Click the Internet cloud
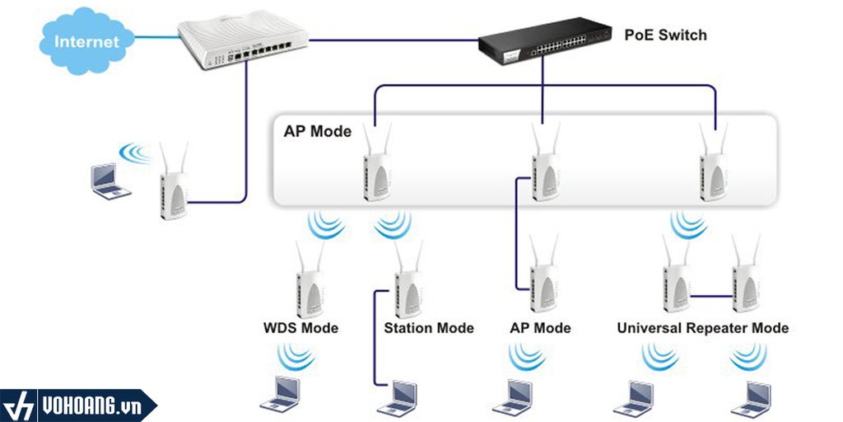click(86, 41)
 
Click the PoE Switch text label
click(665, 35)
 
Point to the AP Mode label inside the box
click(317, 131)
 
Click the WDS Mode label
click(300, 328)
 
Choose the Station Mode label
click(429, 328)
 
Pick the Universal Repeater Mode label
click(702, 328)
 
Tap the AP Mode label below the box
click(540, 328)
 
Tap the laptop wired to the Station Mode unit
click(396, 396)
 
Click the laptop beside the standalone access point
click(109, 181)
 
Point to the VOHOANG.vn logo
click(78, 406)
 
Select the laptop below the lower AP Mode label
click(512, 396)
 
